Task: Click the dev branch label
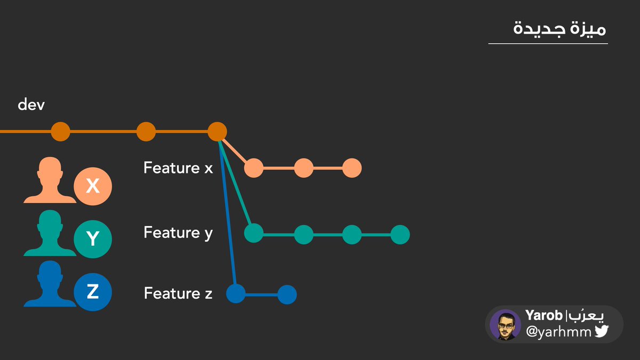click(31, 105)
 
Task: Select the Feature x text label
click(178, 168)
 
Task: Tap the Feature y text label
click(178, 233)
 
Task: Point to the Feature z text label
click(178, 293)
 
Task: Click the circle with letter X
click(93, 186)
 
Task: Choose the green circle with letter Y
click(93, 238)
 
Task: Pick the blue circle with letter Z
click(93, 292)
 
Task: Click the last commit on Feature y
click(400, 234)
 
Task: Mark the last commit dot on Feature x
click(352, 169)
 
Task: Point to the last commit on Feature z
click(287, 294)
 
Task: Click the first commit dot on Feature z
click(236, 294)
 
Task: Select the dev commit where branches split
click(218, 131)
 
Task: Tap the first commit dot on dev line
click(61, 131)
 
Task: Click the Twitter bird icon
click(602, 332)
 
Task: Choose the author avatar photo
click(505, 324)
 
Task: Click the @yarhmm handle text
click(558, 332)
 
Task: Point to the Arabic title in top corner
click(559, 28)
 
